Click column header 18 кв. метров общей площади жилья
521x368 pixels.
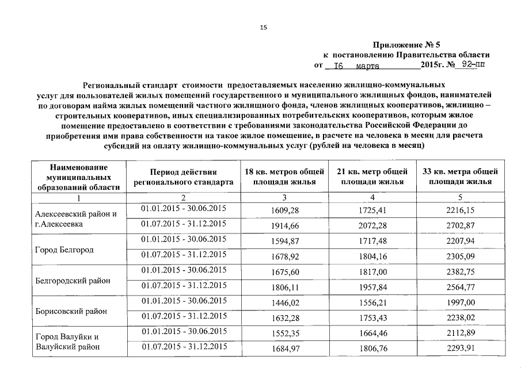tap(280, 177)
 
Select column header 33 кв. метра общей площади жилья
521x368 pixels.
tap(460, 177)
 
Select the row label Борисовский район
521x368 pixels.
tap(71, 312)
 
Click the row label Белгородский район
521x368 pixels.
tap(73, 281)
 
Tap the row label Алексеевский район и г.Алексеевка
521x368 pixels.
tap(76, 219)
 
